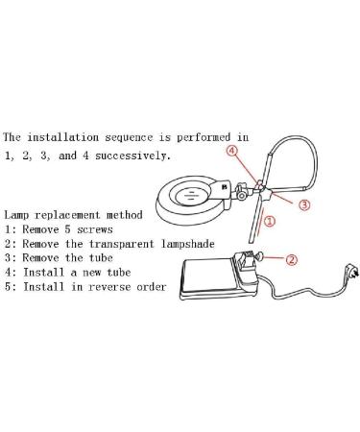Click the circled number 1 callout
click(x=270, y=221)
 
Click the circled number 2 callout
click(x=292, y=257)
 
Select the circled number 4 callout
click(x=232, y=151)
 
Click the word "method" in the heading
click(x=125, y=214)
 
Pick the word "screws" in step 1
click(x=92, y=229)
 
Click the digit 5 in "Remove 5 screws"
click(x=65, y=229)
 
